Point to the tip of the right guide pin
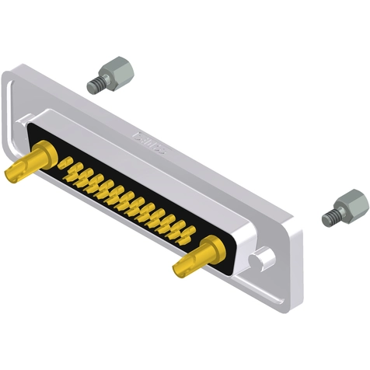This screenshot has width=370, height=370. click(179, 270)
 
